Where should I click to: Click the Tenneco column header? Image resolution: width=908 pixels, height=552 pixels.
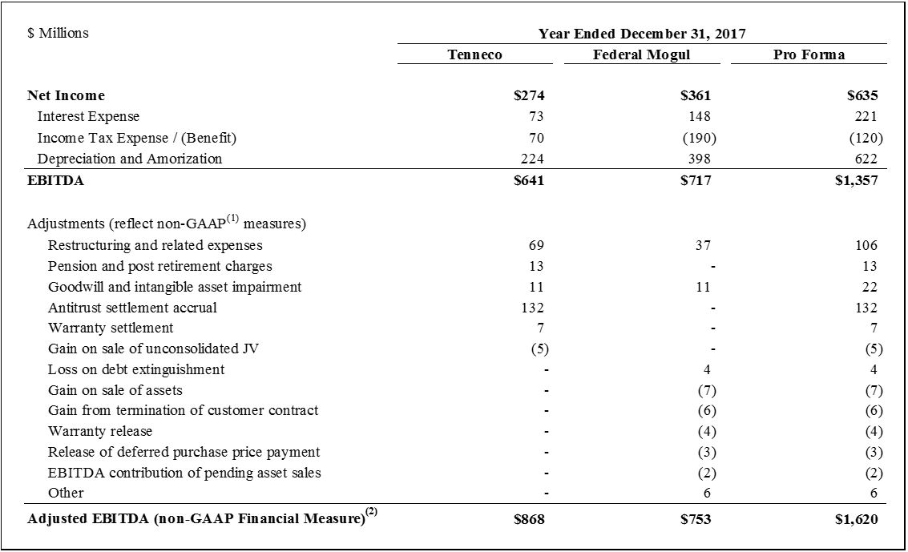click(474, 54)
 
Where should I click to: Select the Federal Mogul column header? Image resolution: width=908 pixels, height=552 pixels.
click(641, 54)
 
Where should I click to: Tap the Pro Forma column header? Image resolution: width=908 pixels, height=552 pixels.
click(809, 54)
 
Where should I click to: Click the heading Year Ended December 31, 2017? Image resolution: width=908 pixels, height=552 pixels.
click(642, 34)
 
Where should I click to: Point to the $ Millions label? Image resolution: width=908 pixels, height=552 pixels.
click(58, 33)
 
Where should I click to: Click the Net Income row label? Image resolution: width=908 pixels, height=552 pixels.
click(66, 95)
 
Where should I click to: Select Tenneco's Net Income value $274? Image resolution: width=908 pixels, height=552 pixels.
click(529, 95)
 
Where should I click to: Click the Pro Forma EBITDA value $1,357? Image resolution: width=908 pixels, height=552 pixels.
click(856, 180)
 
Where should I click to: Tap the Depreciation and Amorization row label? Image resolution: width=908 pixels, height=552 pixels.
click(129, 159)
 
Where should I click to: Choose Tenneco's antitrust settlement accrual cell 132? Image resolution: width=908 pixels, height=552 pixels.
click(532, 308)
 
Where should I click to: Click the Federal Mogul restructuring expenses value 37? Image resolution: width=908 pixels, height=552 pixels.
click(703, 245)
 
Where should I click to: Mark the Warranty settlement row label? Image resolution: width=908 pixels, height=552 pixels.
click(111, 328)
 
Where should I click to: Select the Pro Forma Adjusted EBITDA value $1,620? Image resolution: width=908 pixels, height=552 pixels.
click(856, 519)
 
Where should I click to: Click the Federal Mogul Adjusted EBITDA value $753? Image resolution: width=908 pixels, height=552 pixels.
click(695, 519)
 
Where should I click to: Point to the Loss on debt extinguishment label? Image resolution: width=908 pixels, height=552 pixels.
click(136, 369)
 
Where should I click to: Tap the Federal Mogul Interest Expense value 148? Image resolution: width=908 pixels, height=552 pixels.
click(700, 117)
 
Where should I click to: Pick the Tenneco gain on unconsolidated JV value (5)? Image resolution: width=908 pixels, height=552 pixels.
click(539, 349)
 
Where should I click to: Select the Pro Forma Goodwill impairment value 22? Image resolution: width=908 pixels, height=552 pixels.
click(870, 287)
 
